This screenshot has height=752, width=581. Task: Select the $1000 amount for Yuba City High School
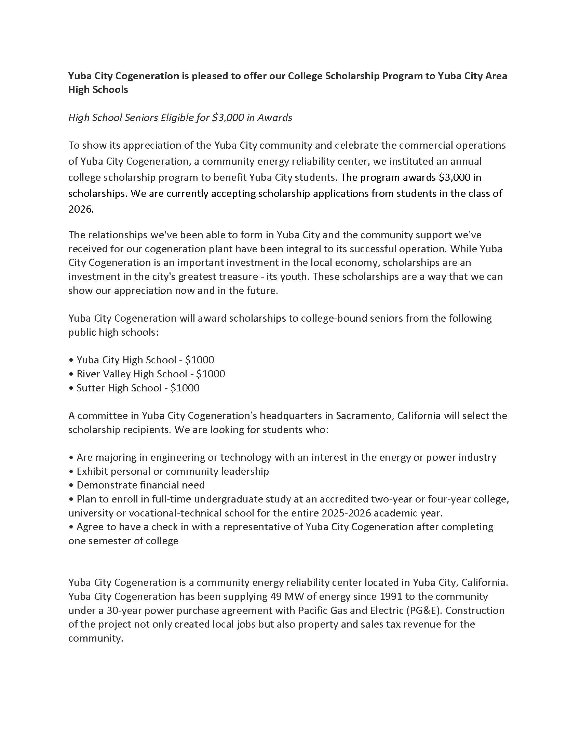pyautogui.click(x=200, y=360)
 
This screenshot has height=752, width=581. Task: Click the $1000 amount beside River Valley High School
pyautogui.click(x=211, y=374)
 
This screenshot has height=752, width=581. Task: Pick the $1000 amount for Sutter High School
pyautogui.click(x=185, y=388)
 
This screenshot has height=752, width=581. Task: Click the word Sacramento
pyautogui.click(x=365, y=416)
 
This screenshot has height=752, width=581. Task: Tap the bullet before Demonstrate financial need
pyautogui.click(x=71, y=485)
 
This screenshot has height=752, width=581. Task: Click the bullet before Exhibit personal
pyautogui.click(x=71, y=471)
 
